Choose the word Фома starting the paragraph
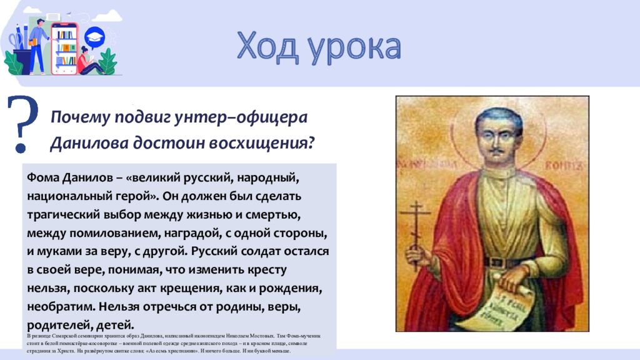[x=41, y=178]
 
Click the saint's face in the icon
[x=497, y=134]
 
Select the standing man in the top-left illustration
[x=39, y=45]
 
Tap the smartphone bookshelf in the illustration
[x=64, y=47]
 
